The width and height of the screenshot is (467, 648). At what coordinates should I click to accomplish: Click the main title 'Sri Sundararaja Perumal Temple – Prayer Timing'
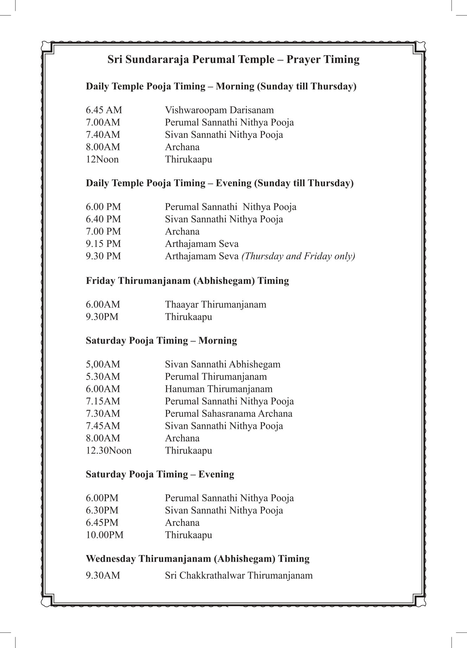(x=233, y=59)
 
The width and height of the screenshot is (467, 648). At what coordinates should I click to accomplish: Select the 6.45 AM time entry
(x=104, y=110)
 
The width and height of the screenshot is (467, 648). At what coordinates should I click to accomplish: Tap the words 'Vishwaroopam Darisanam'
(x=219, y=110)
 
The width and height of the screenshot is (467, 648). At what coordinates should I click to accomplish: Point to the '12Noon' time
(x=102, y=159)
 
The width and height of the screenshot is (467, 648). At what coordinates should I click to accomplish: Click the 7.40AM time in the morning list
(x=103, y=135)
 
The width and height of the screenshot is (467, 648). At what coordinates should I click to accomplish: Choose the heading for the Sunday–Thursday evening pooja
(x=219, y=183)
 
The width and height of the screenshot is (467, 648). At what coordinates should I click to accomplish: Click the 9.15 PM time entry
(x=103, y=244)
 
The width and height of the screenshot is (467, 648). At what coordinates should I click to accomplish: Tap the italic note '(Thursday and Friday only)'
(x=298, y=256)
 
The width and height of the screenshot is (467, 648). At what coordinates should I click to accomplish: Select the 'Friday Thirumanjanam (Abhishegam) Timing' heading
(x=187, y=281)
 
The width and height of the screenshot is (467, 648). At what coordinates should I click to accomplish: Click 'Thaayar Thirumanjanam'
(x=216, y=304)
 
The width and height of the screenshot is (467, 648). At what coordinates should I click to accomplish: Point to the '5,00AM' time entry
(x=103, y=364)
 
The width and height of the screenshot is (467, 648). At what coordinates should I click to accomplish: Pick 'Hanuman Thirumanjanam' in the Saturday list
(x=218, y=389)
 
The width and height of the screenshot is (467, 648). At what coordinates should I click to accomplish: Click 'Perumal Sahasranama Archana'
(x=229, y=413)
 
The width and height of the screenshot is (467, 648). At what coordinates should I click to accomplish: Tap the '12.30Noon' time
(x=108, y=451)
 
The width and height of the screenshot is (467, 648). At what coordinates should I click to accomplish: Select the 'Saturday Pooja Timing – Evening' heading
(x=160, y=474)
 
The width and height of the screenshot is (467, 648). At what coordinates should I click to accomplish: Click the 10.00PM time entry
(x=104, y=535)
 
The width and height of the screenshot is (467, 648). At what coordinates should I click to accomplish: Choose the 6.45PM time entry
(x=102, y=523)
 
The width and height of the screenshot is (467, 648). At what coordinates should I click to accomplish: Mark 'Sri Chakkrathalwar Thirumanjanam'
(x=238, y=576)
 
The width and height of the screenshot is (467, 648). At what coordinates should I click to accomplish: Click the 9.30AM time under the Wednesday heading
(x=103, y=576)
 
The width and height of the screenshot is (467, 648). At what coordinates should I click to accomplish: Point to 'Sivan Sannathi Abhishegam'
(x=223, y=364)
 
